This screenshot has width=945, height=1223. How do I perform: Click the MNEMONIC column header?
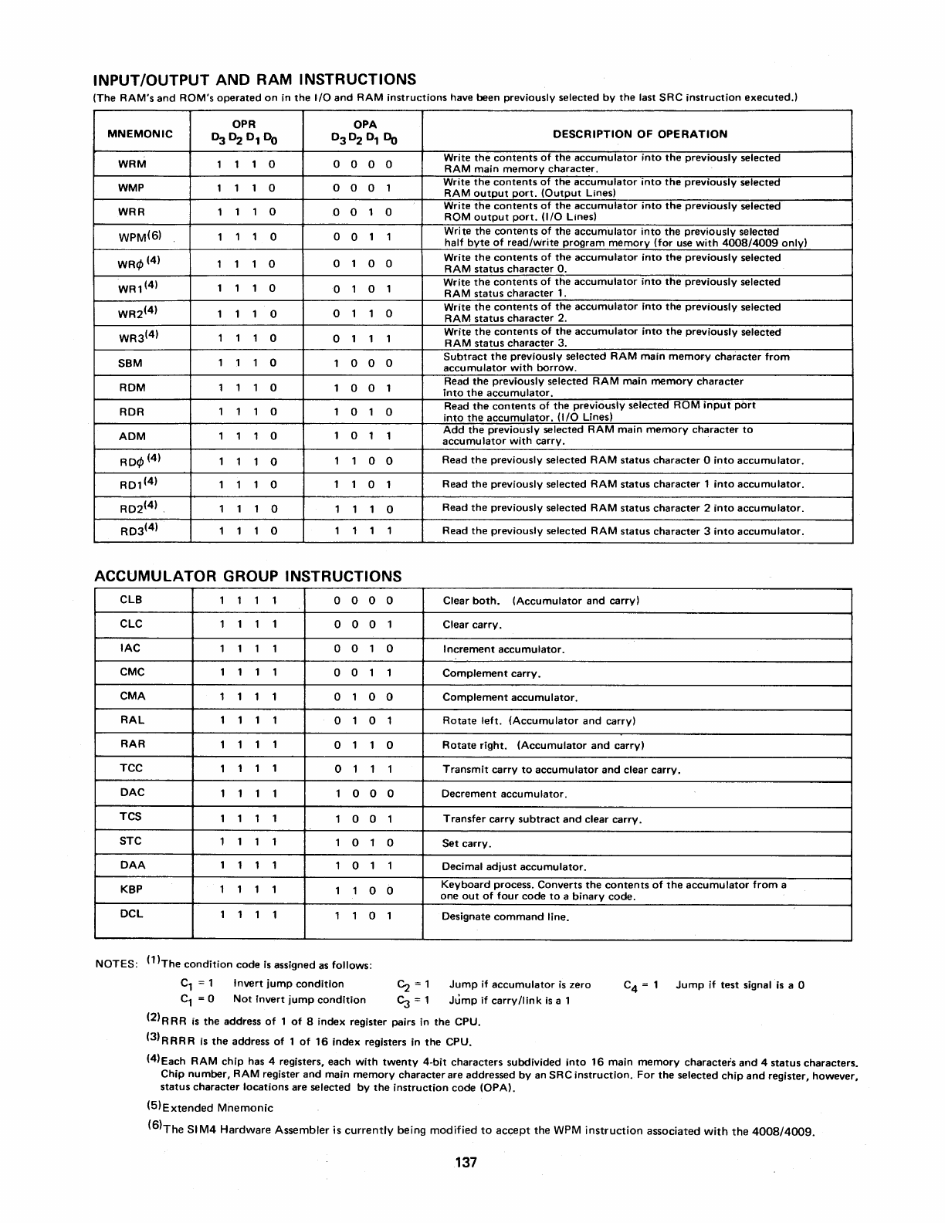point(142,134)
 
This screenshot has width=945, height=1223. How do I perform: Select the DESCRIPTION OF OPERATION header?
point(639,134)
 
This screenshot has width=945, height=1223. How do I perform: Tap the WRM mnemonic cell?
point(133,164)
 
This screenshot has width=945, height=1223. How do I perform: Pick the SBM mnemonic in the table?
point(131,363)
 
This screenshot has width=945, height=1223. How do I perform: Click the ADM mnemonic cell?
point(132,436)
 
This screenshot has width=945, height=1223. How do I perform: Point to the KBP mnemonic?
point(131,889)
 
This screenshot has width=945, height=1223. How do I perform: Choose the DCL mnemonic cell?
point(131,913)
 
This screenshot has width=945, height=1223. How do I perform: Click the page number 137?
point(466,1163)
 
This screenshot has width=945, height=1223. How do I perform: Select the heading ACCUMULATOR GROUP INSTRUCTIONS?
point(248,576)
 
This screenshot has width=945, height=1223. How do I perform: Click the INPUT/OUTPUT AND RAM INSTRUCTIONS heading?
point(255,80)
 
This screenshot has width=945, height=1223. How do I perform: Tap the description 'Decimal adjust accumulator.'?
point(513,867)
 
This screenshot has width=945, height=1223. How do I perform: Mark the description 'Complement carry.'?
point(491,673)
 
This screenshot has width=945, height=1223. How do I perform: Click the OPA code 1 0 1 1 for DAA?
point(364,866)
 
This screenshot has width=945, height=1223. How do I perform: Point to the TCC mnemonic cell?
point(131,768)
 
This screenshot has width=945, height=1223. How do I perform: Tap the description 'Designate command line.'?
point(505,916)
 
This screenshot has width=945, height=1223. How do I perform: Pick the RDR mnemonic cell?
point(132,412)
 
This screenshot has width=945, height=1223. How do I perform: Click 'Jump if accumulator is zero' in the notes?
point(520,984)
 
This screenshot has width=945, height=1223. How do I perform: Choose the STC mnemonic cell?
point(131,842)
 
